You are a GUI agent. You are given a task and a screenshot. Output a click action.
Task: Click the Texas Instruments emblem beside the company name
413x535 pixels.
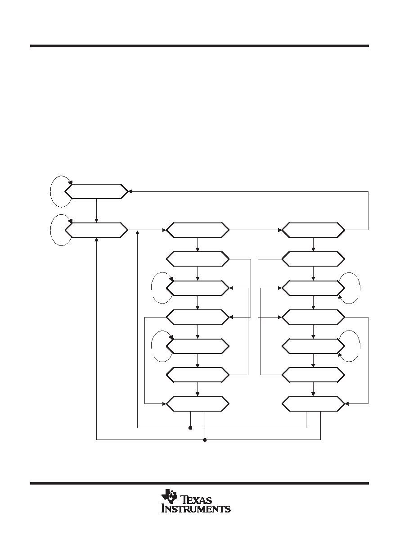(169, 496)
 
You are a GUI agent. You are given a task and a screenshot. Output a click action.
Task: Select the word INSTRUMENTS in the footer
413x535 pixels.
(196, 509)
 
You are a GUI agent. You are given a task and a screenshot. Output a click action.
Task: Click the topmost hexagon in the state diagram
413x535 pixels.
(96, 191)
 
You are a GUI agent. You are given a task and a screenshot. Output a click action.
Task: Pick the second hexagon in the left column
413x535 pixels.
(96, 230)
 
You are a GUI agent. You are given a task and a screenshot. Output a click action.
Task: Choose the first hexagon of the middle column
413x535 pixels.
(198, 230)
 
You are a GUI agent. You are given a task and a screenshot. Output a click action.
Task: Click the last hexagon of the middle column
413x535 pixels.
(198, 404)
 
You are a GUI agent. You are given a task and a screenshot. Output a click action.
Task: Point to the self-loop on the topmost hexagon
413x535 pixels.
(51, 191)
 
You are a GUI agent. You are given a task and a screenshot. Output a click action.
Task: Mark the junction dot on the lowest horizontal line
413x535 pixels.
(205, 440)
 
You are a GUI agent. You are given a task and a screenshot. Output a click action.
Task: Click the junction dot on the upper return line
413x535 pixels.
(190, 427)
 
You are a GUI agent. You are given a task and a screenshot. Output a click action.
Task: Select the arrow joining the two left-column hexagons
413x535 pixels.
(97, 210)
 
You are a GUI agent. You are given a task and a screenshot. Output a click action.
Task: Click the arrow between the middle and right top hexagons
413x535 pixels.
(256, 230)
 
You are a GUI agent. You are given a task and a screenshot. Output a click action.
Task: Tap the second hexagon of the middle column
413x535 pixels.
(198, 259)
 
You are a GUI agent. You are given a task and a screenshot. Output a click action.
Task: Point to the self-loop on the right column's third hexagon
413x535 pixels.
(359, 288)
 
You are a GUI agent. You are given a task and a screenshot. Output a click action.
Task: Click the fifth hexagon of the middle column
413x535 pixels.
(198, 346)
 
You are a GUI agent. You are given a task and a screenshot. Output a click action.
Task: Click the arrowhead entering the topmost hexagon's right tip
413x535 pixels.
(130, 191)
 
